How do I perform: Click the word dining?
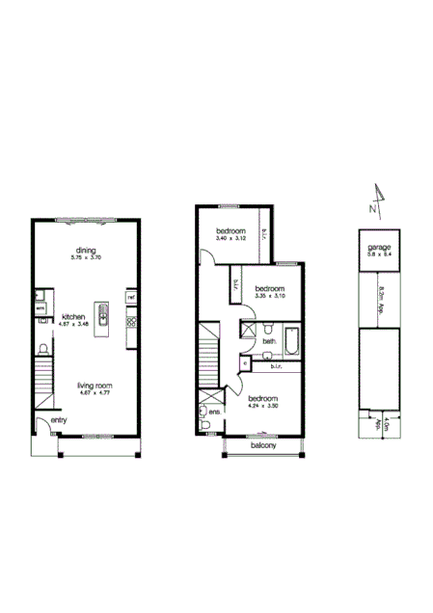(x=85, y=251)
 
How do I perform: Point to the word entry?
(x=45, y=419)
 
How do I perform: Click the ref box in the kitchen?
(x=129, y=299)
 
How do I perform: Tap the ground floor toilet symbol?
(x=45, y=348)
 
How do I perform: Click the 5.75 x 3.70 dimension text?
(x=85, y=258)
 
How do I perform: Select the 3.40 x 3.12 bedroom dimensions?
(x=231, y=238)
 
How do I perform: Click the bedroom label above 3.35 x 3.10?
(x=270, y=289)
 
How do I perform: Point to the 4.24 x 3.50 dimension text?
(x=262, y=406)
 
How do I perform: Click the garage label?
(x=378, y=248)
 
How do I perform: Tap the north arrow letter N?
(x=372, y=206)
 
